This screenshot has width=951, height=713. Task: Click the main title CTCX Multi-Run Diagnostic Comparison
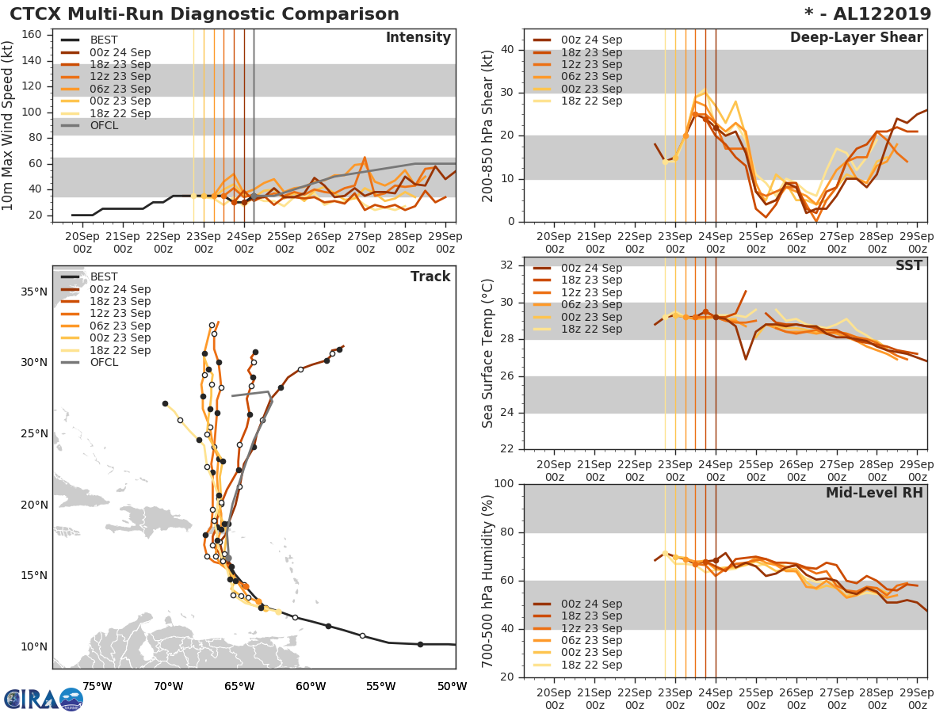[204, 14]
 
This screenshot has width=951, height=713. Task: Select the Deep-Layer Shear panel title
[856, 38]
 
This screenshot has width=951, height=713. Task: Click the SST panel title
[908, 265]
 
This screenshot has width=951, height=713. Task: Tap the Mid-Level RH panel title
[874, 493]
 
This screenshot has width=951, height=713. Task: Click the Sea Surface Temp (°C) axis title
[488, 353]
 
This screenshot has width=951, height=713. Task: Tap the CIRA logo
[44, 700]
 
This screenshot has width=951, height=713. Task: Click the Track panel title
[430, 276]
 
